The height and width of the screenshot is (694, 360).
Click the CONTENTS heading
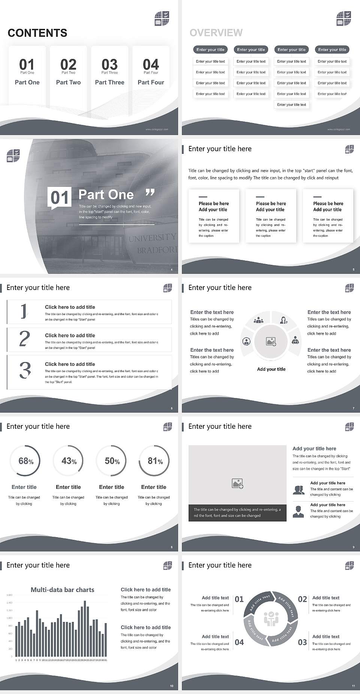tap(37, 33)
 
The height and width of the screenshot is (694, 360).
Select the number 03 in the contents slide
tap(109, 65)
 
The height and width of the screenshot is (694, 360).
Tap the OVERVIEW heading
tap(216, 33)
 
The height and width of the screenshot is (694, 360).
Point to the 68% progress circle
tap(25, 461)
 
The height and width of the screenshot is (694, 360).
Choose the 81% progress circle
tap(154, 461)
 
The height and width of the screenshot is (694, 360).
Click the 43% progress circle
tap(68, 461)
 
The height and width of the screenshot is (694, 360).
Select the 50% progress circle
tap(111, 461)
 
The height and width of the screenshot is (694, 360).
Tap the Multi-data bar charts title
tap(63, 590)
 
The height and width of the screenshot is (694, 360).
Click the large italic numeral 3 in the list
tap(25, 370)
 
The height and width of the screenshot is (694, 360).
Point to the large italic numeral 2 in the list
tap(24, 339)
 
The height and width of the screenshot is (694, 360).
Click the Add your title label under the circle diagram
tap(271, 369)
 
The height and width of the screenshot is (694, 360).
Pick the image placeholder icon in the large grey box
tap(237, 483)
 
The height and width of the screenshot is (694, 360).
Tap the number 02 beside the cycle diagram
tap(302, 599)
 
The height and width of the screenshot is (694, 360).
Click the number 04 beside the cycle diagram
tap(239, 642)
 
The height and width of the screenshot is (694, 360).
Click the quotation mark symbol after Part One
tap(150, 193)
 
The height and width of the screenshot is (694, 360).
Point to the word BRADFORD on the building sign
tap(157, 250)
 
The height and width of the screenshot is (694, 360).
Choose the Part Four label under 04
tap(151, 82)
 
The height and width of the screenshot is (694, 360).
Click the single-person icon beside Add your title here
tap(298, 511)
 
